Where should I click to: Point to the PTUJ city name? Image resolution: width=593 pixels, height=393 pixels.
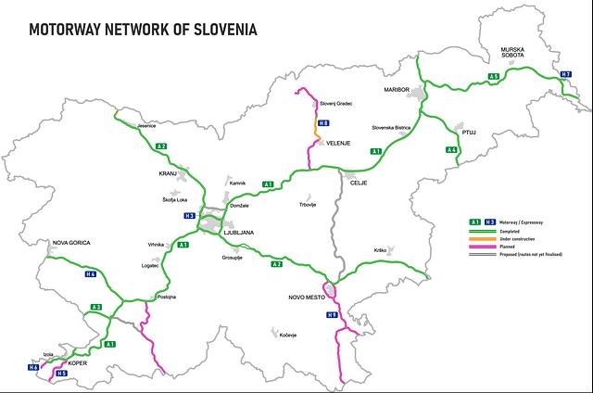pyautogui.click(x=468, y=133)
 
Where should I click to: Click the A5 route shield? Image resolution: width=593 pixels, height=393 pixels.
pyautogui.click(x=495, y=76)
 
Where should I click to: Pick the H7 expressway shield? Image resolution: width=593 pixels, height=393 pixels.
pyautogui.click(x=566, y=73)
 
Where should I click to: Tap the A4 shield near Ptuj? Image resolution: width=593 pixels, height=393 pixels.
pyautogui.click(x=451, y=150)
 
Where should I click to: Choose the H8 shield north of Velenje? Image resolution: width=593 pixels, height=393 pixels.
pyautogui.click(x=322, y=123)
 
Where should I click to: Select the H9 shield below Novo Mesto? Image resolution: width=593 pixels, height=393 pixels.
pyautogui.click(x=332, y=316)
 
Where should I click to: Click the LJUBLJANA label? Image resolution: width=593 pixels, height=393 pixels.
pyautogui.click(x=239, y=231)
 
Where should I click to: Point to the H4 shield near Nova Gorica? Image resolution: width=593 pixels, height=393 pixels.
pyautogui.click(x=90, y=274)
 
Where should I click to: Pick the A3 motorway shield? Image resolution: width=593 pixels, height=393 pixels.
pyautogui.click(x=95, y=307)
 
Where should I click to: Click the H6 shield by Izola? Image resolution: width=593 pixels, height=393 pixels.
pyautogui.click(x=33, y=368)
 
